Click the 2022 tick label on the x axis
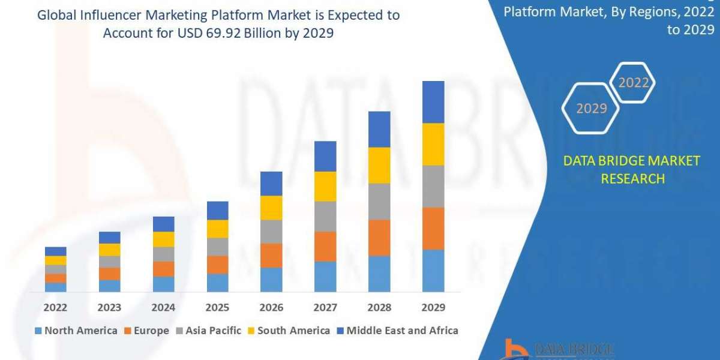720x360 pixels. click(55, 308)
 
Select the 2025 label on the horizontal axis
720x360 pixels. click(217, 308)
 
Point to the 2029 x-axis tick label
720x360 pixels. click(433, 308)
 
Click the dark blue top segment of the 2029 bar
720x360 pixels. click(433, 102)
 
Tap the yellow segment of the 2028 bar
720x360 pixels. click(379, 165)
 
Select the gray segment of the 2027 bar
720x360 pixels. click(325, 216)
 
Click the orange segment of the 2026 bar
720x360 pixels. click(271, 255)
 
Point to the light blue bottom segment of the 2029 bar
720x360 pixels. click(433, 271)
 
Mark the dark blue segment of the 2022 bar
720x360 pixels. click(56, 251)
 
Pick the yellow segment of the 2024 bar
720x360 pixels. click(164, 239)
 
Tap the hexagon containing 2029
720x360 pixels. click(590, 109)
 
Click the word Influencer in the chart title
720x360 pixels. click(107, 16)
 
